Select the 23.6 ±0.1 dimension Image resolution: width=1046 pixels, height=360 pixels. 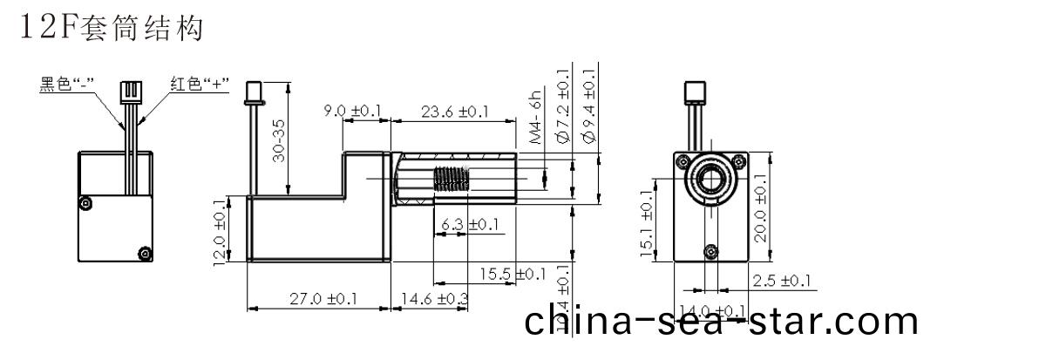455,111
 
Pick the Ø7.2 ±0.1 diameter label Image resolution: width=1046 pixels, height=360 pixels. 561,106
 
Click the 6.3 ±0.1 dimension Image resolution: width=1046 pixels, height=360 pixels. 470,225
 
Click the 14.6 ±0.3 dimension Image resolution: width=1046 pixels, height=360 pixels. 432,298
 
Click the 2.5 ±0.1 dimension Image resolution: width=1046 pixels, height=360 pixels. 781,281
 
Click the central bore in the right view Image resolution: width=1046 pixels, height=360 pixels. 710,181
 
